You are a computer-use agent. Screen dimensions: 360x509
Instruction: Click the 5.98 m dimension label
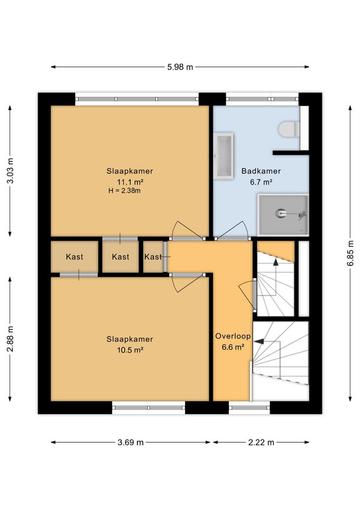[x=180, y=67]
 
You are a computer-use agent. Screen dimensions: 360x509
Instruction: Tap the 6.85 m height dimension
[x=350, y=253]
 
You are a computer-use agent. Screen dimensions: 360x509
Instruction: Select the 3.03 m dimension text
[x=10, y=171]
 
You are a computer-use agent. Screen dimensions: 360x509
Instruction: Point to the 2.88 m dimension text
[x=10, y=339]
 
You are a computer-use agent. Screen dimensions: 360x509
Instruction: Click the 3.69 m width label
[x=130, y=442]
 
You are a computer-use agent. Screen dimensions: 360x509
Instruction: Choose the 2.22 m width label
[x=261, y=442]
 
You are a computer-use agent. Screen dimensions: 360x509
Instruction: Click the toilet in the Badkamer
[x=289, y=129]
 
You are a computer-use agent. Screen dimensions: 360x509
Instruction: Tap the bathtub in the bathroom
[x=224, y=155]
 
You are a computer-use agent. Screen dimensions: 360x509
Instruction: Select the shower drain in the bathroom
[x=280, y=213]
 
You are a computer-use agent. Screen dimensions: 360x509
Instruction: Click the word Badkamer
[x=261, y=171]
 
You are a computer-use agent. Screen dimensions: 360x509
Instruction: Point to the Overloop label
[x=233, y=336]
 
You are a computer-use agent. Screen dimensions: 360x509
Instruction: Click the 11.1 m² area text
[x=130, y=181]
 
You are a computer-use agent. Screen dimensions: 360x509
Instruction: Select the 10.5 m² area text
[x=130, y=350]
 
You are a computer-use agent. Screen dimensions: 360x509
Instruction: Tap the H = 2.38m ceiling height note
[x=125, y=190]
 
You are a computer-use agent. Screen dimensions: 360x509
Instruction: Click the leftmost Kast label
[x=74, y=257]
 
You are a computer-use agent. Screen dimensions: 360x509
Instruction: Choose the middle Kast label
[x=120, y=257]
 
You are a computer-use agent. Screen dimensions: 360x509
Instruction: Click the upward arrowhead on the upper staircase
[x=275, y=262]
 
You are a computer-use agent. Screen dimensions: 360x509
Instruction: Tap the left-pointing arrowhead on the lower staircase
[x=258, y=342]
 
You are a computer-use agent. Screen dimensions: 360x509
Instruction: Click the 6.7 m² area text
[x=261, y=182]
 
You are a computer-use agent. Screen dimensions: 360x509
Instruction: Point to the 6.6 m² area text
[x=233, y=347]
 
